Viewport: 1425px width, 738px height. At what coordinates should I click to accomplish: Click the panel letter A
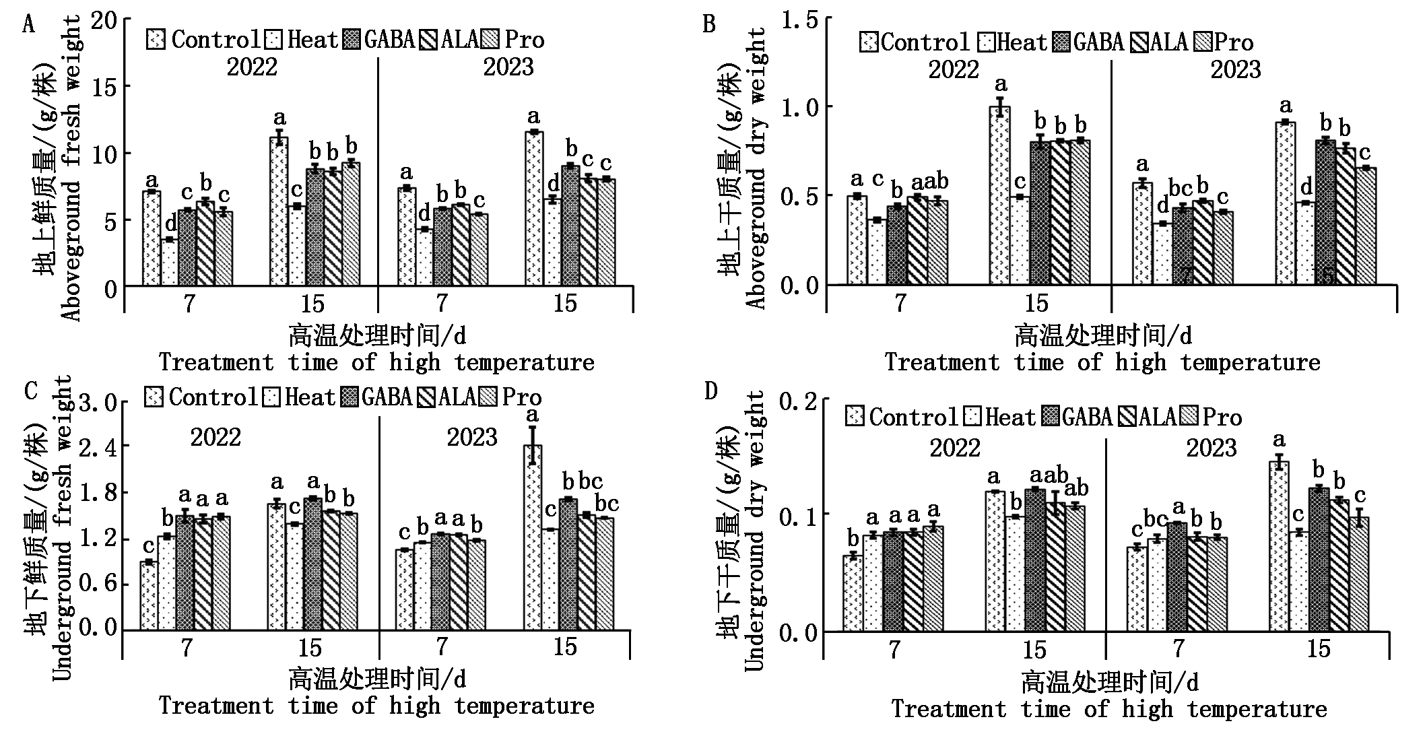click(28, 25)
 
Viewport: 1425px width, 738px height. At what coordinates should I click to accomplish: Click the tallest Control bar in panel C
click(533, 537)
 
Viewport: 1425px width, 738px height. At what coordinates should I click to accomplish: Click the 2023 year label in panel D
click(1211, 448)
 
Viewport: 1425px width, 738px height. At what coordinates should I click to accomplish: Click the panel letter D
click(711, 391)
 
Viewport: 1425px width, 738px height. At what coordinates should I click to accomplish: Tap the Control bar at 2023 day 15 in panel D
click(1280, 546)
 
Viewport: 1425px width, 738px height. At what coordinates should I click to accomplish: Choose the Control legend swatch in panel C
click(154, 397)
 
